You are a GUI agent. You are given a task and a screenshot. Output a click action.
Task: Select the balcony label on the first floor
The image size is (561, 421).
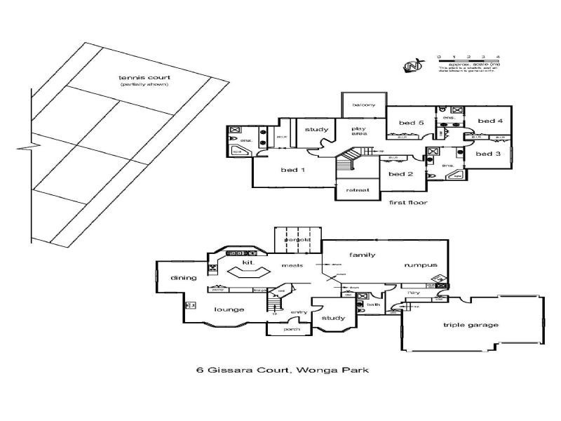coord(364,105)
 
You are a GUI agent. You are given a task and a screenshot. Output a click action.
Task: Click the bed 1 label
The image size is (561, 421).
coord(292,170)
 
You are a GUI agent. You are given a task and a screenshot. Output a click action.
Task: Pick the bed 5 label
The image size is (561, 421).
coord(412,123)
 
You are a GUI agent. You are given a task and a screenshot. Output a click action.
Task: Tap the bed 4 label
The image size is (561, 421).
coord(491,121)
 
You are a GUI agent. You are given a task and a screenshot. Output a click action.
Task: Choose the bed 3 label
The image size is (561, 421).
coord(488,153)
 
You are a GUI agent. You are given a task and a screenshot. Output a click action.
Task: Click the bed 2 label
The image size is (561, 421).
coord(400,174)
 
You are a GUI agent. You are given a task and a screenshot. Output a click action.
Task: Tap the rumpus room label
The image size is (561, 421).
coord(421,265)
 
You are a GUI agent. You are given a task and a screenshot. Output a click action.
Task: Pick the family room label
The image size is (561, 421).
coord(363,255)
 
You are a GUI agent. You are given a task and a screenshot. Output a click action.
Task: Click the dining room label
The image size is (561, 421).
coord(183,278)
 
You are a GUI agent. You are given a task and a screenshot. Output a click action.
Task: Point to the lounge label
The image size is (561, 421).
coord(229,309)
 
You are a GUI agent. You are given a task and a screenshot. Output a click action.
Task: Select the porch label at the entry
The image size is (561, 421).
coord(291,330)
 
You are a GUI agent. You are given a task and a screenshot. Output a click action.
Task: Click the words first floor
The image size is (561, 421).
coord(408,202)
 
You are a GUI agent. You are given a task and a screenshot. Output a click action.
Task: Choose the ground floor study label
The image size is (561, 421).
coord(332,319)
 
